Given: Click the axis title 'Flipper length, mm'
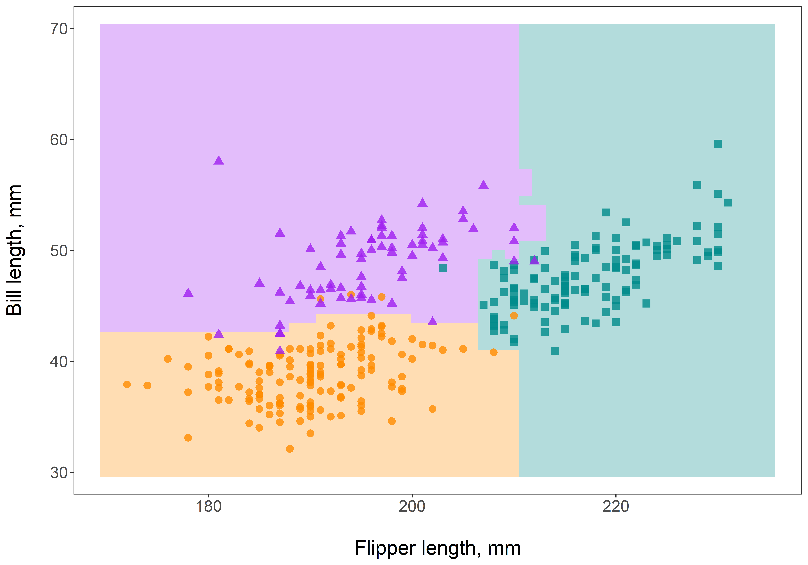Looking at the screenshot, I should tap(437, 548).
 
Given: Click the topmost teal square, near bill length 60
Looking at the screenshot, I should tap(718, 143).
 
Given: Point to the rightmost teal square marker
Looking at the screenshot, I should tap(728, 202).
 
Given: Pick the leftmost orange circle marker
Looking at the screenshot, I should tap(127, 384).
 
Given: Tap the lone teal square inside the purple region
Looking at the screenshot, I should tap(443, 268).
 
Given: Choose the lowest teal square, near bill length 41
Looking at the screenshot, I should tap(555, 351).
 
